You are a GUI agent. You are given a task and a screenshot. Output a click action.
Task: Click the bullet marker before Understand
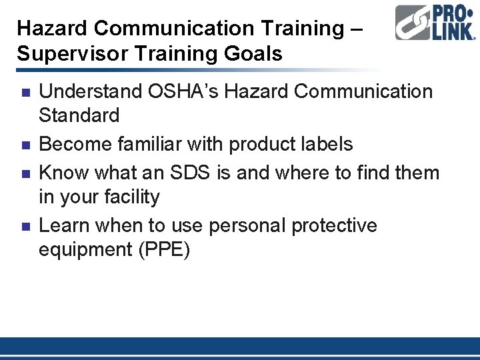24,91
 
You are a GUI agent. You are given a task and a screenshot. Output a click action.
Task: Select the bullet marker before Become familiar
24,145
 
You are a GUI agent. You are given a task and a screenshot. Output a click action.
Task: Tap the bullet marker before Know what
24,173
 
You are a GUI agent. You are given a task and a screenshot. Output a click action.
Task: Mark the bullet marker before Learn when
24,226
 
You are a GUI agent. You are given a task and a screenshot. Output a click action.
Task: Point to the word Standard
79,115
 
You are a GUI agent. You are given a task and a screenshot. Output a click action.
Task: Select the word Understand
88,91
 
